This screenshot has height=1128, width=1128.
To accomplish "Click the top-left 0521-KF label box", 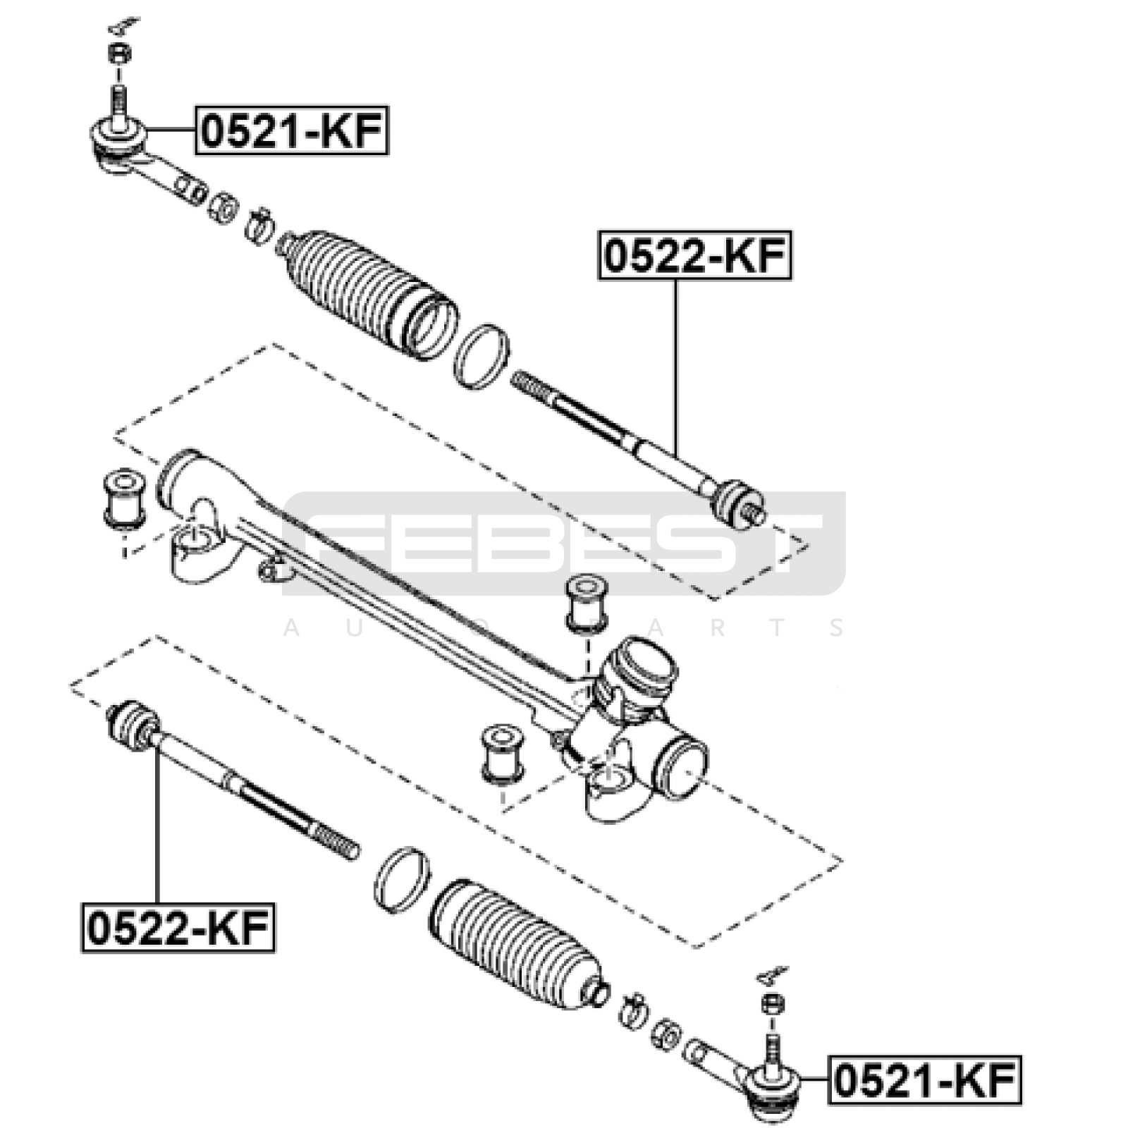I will coord(292,131).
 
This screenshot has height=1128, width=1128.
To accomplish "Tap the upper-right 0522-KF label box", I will coord(694,255).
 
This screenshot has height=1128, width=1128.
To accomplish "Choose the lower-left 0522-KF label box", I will coord(178,928).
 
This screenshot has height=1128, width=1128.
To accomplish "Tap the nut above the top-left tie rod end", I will coord(118,54).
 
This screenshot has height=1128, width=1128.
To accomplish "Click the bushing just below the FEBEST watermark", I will coord(587,602).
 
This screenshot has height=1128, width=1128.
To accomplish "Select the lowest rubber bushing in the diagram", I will coord(502,754).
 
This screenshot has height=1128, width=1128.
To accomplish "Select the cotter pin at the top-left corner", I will coord(123,27).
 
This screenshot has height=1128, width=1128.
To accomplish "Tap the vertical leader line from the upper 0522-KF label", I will coord(675,367).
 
